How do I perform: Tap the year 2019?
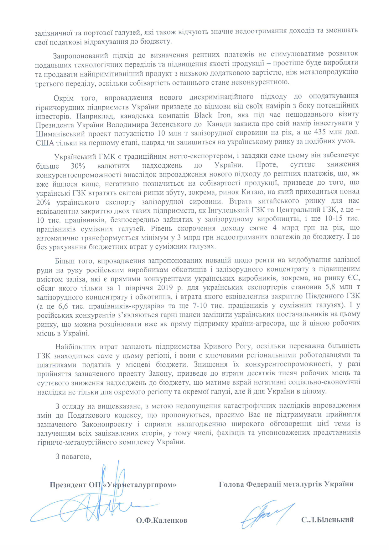click(166, 287)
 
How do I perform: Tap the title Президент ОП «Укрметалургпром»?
click(113, 485)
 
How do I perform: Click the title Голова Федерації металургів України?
click(286, 484)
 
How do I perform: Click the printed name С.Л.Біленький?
click(328, 520)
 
